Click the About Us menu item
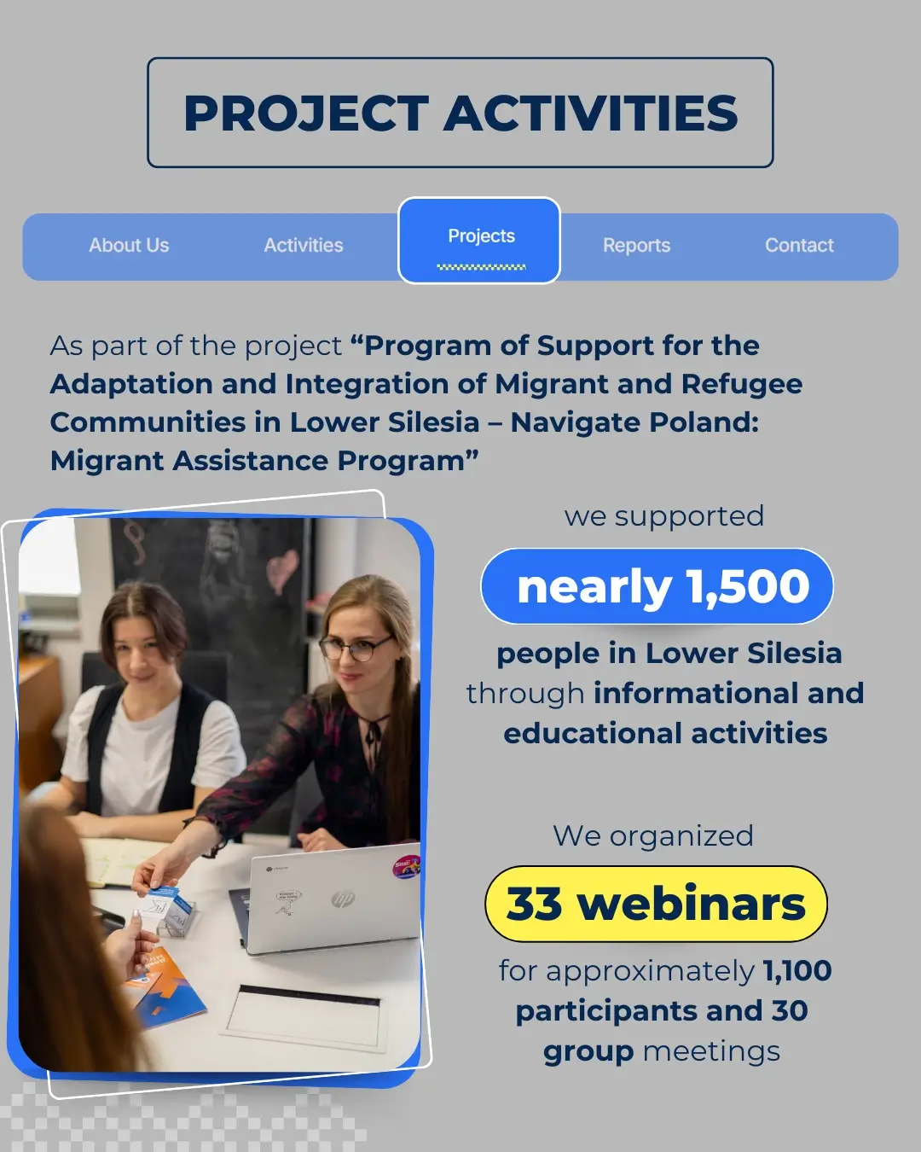pos(129,245)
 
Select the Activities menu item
pos(304,245)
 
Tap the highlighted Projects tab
pos(479,241)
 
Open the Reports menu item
pos(636,245)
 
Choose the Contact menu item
pos(799,245)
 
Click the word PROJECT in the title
pos(306,113)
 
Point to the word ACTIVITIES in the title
pos(591,113)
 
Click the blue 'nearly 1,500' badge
pos(657,586)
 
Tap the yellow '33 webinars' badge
pos(656,905)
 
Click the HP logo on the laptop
pos(343,899)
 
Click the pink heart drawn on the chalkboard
pos(282,572)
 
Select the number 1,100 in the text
pos(797,970)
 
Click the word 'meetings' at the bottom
pos(711,1050)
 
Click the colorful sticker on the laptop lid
pos(406,867)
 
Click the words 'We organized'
pos(653,835)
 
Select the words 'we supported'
pos(664,516)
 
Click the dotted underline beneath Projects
pos(481,266)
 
